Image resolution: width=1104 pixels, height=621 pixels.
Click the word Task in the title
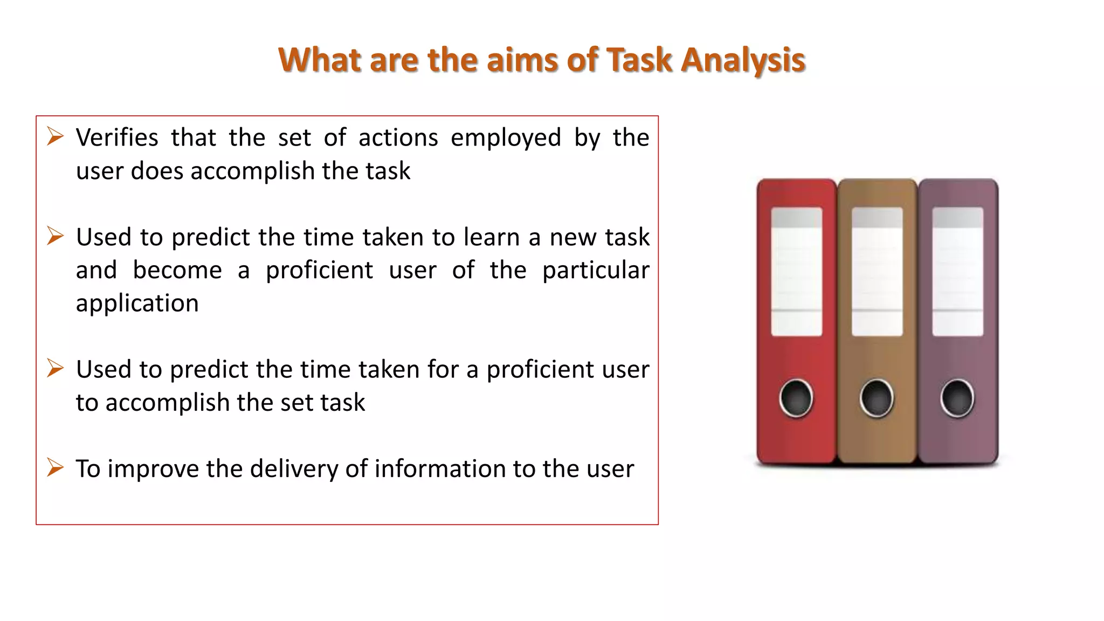coord(639,60)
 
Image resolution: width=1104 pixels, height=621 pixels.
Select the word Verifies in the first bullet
coord(117,138)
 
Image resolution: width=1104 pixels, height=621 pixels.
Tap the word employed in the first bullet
coord(506,139)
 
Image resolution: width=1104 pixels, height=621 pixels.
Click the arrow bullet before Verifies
coord(55,136)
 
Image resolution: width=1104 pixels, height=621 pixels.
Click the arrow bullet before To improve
coord(55,467)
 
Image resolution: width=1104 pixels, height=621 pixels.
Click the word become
coord(177,271)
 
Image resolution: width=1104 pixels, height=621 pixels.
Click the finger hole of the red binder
coord(796,398)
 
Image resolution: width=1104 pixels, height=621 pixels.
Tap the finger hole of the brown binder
coord(877,398)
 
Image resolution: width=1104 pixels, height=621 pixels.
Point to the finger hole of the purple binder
coord(957,398)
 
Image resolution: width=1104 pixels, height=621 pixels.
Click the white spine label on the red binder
coord(796,272)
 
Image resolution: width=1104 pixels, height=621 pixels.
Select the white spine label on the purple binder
coord(957,272)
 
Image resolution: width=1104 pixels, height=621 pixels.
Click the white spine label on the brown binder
coord(877,272)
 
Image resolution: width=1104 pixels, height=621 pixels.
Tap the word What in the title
coord(320,60)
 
